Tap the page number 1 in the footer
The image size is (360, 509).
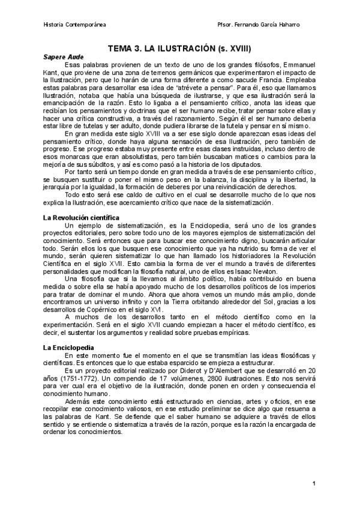(314, 483)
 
